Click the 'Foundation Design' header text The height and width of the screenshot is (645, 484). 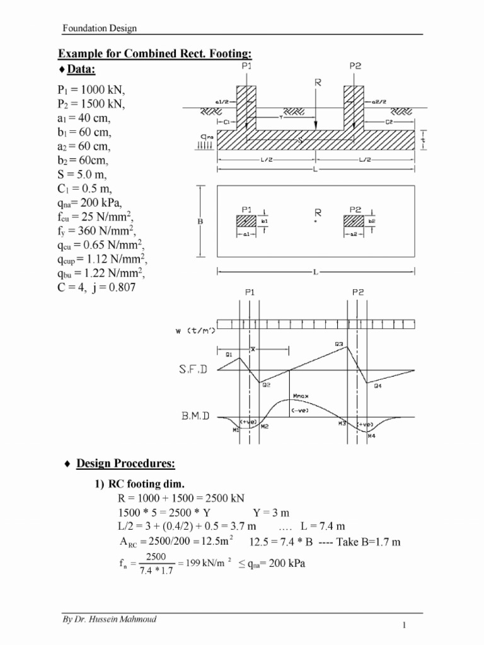(x=99, y=28)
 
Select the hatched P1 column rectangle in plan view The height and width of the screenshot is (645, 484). (x=246, y=221)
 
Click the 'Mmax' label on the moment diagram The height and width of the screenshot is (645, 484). (x=301, y=396)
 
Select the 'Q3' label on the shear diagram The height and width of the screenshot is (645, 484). (x=338, y=344)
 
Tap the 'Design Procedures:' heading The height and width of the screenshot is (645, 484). (x=125, y=464)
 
